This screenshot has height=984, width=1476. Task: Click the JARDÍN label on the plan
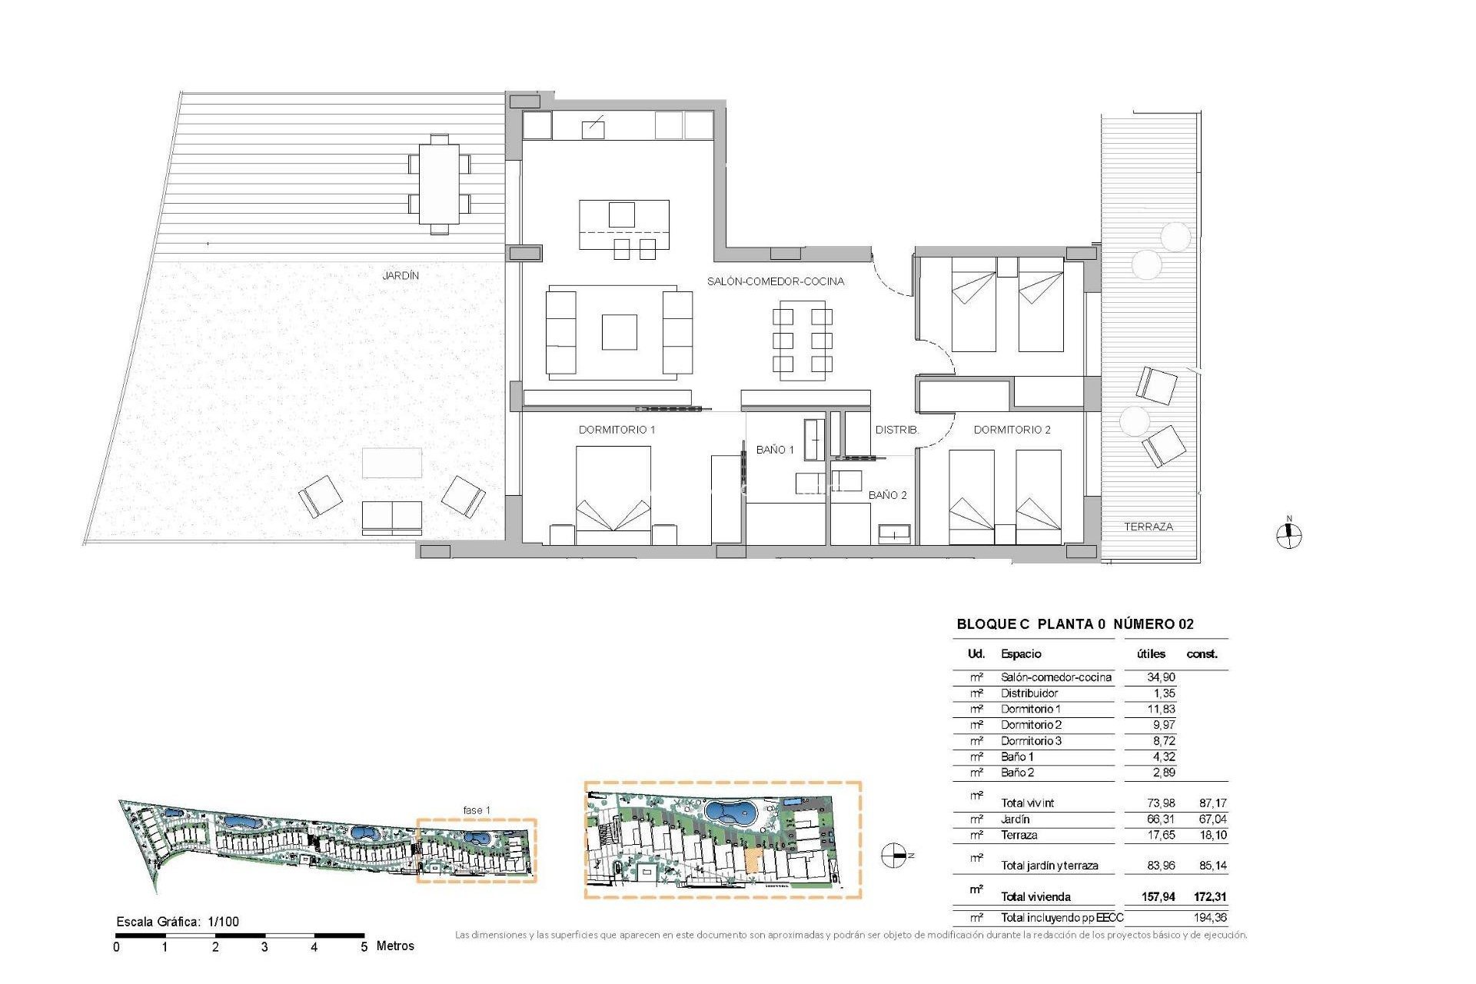[401, 275]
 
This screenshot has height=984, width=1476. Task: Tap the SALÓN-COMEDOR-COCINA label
[775, 281]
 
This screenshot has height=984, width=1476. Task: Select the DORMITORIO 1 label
[617, 430]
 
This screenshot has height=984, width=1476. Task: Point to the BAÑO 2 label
[887, 495]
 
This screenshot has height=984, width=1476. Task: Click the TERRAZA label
[1148, 527]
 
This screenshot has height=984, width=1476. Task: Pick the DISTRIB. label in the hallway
[896, 430]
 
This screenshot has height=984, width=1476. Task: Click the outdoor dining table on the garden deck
[439, 184]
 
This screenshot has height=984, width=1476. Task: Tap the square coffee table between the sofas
[619, 332]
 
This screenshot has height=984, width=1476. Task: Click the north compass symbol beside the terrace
[1288, 535]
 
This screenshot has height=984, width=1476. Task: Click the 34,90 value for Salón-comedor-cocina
[1160, 677]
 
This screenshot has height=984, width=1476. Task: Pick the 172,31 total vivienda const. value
[1209, 896]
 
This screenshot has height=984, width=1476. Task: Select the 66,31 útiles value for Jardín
[1160, 819]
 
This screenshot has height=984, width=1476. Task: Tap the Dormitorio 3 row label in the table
[1030, 741]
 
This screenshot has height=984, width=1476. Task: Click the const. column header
[1202, 654]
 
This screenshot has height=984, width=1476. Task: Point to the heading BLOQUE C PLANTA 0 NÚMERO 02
[1074, 624]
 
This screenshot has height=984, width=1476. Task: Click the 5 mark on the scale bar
[364, 947]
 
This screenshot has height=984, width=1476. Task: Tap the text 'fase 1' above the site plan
[476, 810]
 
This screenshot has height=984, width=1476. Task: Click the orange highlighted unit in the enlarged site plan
[753, 862]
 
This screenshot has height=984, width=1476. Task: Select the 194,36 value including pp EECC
[1210, 917]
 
